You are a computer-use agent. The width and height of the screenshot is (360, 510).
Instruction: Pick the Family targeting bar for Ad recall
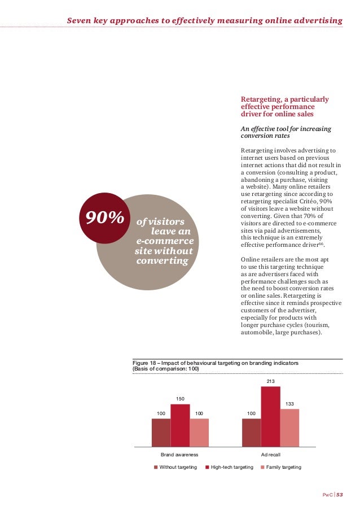tap(289, 428)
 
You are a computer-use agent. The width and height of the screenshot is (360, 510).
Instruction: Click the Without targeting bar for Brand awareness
tap(161, 432)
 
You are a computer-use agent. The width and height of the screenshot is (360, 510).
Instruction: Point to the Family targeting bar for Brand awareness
tap(199, 432)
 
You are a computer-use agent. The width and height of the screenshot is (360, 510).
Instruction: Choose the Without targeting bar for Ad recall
tap(251, 432)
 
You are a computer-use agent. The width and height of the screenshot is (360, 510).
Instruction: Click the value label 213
tap(270, 382)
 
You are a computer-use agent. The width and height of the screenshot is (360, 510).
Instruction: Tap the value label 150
tap(180, 399)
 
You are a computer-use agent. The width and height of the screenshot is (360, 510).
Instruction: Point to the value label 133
tap(289, 404)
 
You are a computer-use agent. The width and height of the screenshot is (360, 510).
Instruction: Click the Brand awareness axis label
tap(179, 454)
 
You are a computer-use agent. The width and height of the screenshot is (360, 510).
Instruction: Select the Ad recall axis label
tap(270, 454)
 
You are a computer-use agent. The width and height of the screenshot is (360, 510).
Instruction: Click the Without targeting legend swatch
tap(156, 467)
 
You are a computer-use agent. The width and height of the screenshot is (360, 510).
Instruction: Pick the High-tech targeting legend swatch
tap(207, 467)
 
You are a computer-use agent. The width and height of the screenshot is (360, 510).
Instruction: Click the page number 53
tap(340, 495)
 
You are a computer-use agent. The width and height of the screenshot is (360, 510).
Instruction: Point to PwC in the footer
tap(327, 495)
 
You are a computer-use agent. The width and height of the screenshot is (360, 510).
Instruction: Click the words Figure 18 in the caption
tap(144, 363)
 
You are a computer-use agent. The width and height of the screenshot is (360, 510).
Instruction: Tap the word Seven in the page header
tap(79, 21)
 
